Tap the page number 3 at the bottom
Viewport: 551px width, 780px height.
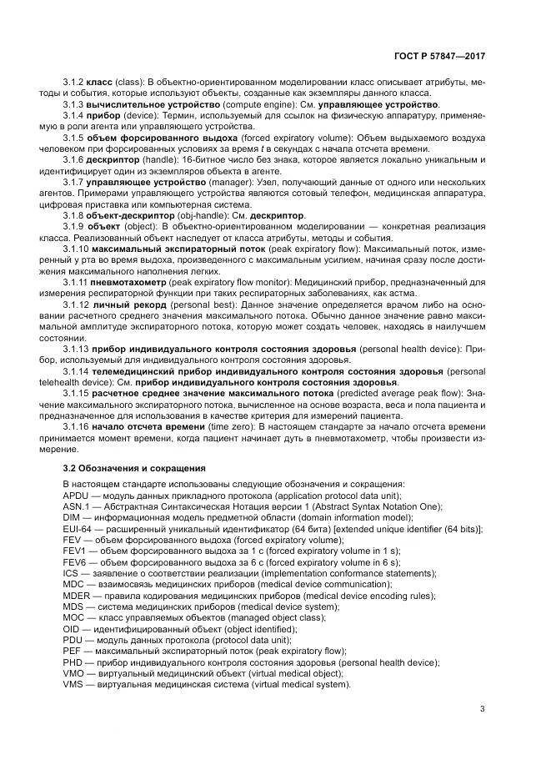482,709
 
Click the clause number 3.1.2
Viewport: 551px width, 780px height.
73,82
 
